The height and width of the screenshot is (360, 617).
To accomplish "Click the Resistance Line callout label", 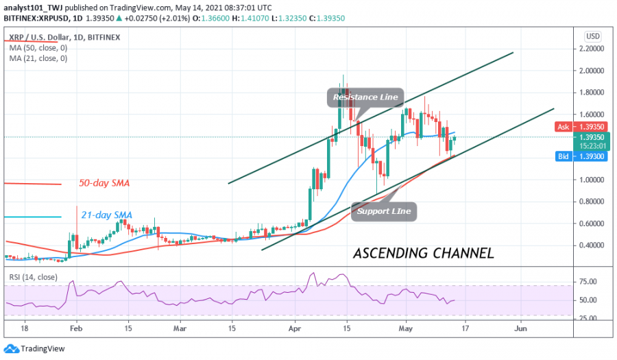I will coord(365,97).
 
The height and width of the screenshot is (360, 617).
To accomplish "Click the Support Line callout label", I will coord(384,211).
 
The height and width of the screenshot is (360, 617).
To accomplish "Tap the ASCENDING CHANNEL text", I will coord(424,254).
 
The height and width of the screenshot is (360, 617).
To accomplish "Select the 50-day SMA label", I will coord(105,184).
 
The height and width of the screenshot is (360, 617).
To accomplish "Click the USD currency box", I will coord(593,36).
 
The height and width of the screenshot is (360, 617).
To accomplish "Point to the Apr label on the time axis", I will coord(295,329).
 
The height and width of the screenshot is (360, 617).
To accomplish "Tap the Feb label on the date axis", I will coord(75,329).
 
